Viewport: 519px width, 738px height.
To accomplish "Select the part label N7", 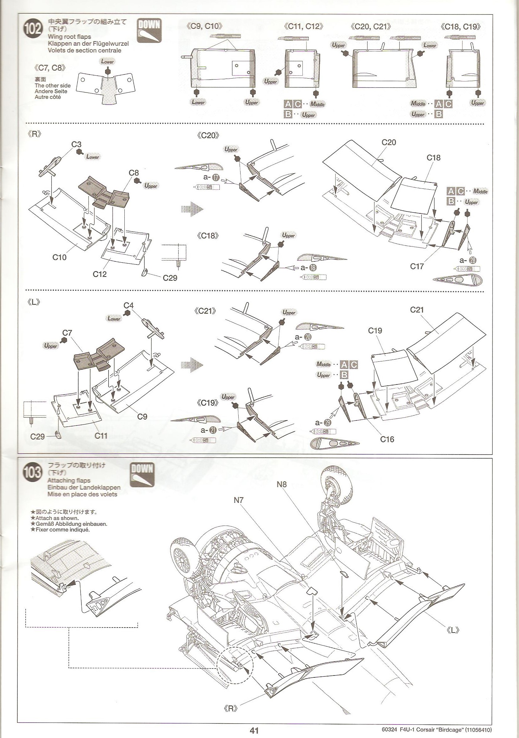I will coord(239,500).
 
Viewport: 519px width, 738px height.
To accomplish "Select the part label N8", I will coord(281,484).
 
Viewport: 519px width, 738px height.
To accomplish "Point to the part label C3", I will coord(76,144).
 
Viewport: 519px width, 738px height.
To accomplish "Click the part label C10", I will coord(59,257).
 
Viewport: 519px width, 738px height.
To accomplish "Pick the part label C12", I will coord(100,274).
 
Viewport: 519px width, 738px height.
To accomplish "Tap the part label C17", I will coord(417,266).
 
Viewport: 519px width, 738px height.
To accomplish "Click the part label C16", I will coord(387,439).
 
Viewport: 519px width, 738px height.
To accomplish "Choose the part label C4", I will coord(128,305).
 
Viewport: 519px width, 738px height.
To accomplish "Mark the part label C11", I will coord(101,436).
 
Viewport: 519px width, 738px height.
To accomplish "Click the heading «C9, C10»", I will coord(204,27).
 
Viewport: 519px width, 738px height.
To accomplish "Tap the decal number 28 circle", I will coord(473,260).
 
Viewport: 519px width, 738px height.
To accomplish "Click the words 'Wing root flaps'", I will coord(69,37).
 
